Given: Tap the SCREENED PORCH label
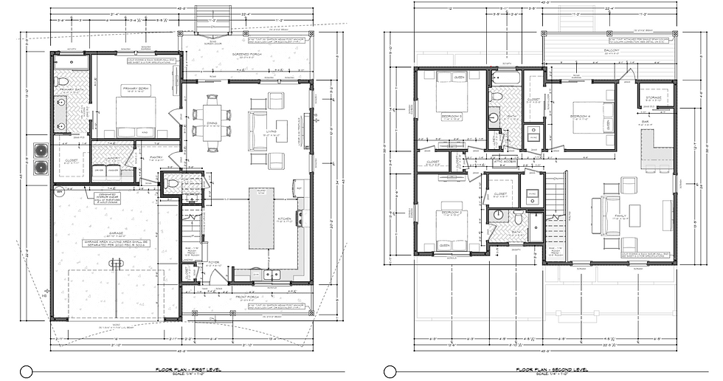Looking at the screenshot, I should point(248,55).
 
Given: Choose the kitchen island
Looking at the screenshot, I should point(260,218).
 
